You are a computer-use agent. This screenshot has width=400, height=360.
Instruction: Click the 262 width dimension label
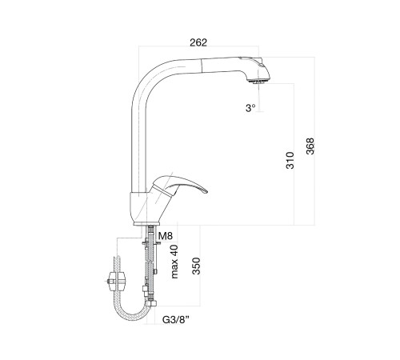(198, 42)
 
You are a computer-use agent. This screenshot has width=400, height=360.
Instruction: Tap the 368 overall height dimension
(310, 146)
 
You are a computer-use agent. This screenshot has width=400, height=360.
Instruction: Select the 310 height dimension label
(290, 160)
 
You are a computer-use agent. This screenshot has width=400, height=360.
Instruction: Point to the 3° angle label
(250, 108)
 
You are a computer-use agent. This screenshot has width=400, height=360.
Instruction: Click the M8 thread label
(166, 236)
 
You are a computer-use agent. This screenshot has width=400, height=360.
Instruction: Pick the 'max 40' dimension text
(174, 262)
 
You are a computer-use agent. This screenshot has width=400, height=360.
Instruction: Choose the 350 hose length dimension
(196, 266)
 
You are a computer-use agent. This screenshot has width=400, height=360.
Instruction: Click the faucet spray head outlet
(258, 81)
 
